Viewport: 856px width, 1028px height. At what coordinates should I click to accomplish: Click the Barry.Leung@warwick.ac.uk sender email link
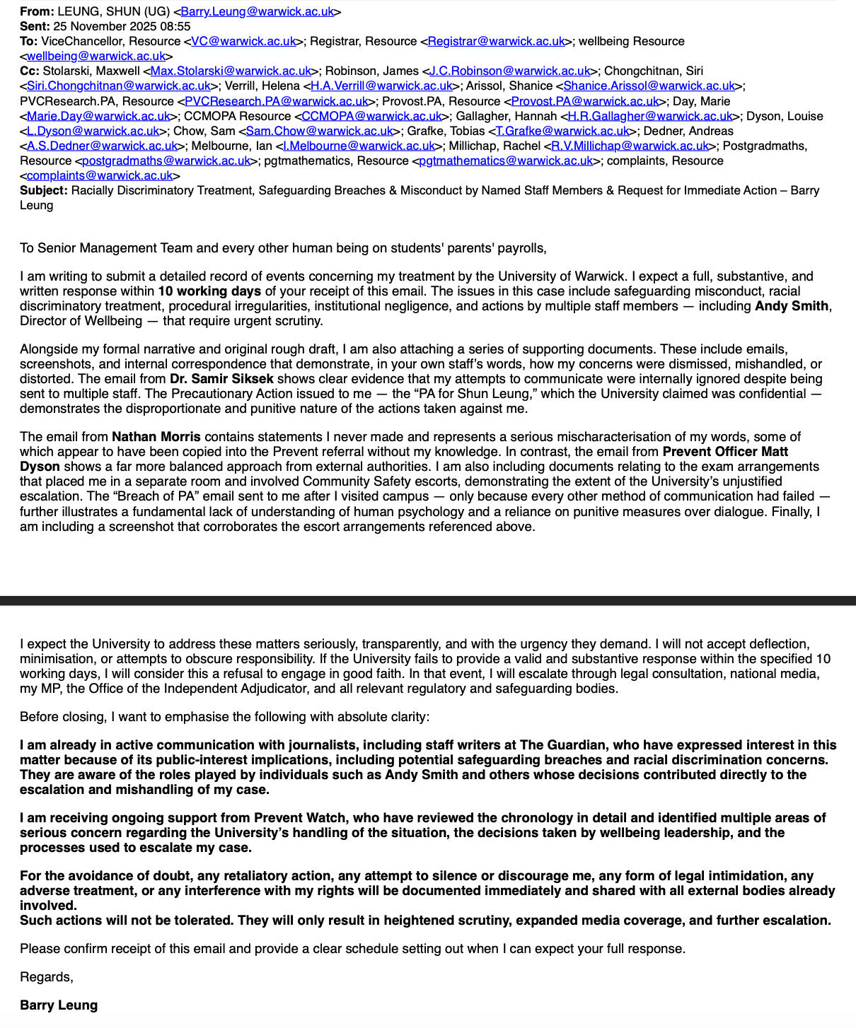coord(258,11)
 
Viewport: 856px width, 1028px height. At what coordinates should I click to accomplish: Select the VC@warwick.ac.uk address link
coord(244,41)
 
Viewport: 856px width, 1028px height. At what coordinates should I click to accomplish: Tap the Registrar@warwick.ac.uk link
coord(496,41)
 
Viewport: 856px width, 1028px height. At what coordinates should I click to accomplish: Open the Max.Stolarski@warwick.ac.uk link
coord(231,71)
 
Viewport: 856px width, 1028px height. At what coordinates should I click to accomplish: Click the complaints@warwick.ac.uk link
coord(100,175)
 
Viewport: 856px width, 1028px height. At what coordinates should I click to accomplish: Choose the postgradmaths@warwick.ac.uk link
coord(166,160)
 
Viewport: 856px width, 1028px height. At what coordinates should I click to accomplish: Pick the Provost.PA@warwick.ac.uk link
coord(585,101)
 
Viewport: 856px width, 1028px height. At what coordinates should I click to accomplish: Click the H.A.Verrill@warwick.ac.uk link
coord(381,86)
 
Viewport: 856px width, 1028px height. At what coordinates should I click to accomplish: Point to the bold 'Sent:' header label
coord(35,26)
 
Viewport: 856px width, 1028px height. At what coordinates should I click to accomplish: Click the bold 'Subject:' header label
coord(44,190)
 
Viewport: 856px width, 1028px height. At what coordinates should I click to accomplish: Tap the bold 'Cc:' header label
coord(30,71)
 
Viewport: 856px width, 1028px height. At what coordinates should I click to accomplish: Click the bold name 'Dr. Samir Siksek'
coord(221,379)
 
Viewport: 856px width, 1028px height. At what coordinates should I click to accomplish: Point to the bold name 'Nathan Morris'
coord(156,437)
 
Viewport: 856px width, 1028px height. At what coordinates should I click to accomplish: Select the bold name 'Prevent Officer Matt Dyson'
coord(725,452)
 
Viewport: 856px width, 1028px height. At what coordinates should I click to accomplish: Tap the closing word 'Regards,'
coord(47,977)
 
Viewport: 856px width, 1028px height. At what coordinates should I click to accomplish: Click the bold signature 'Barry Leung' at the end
coord(59,1005)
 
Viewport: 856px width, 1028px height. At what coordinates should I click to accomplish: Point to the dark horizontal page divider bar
coord(428,601)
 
